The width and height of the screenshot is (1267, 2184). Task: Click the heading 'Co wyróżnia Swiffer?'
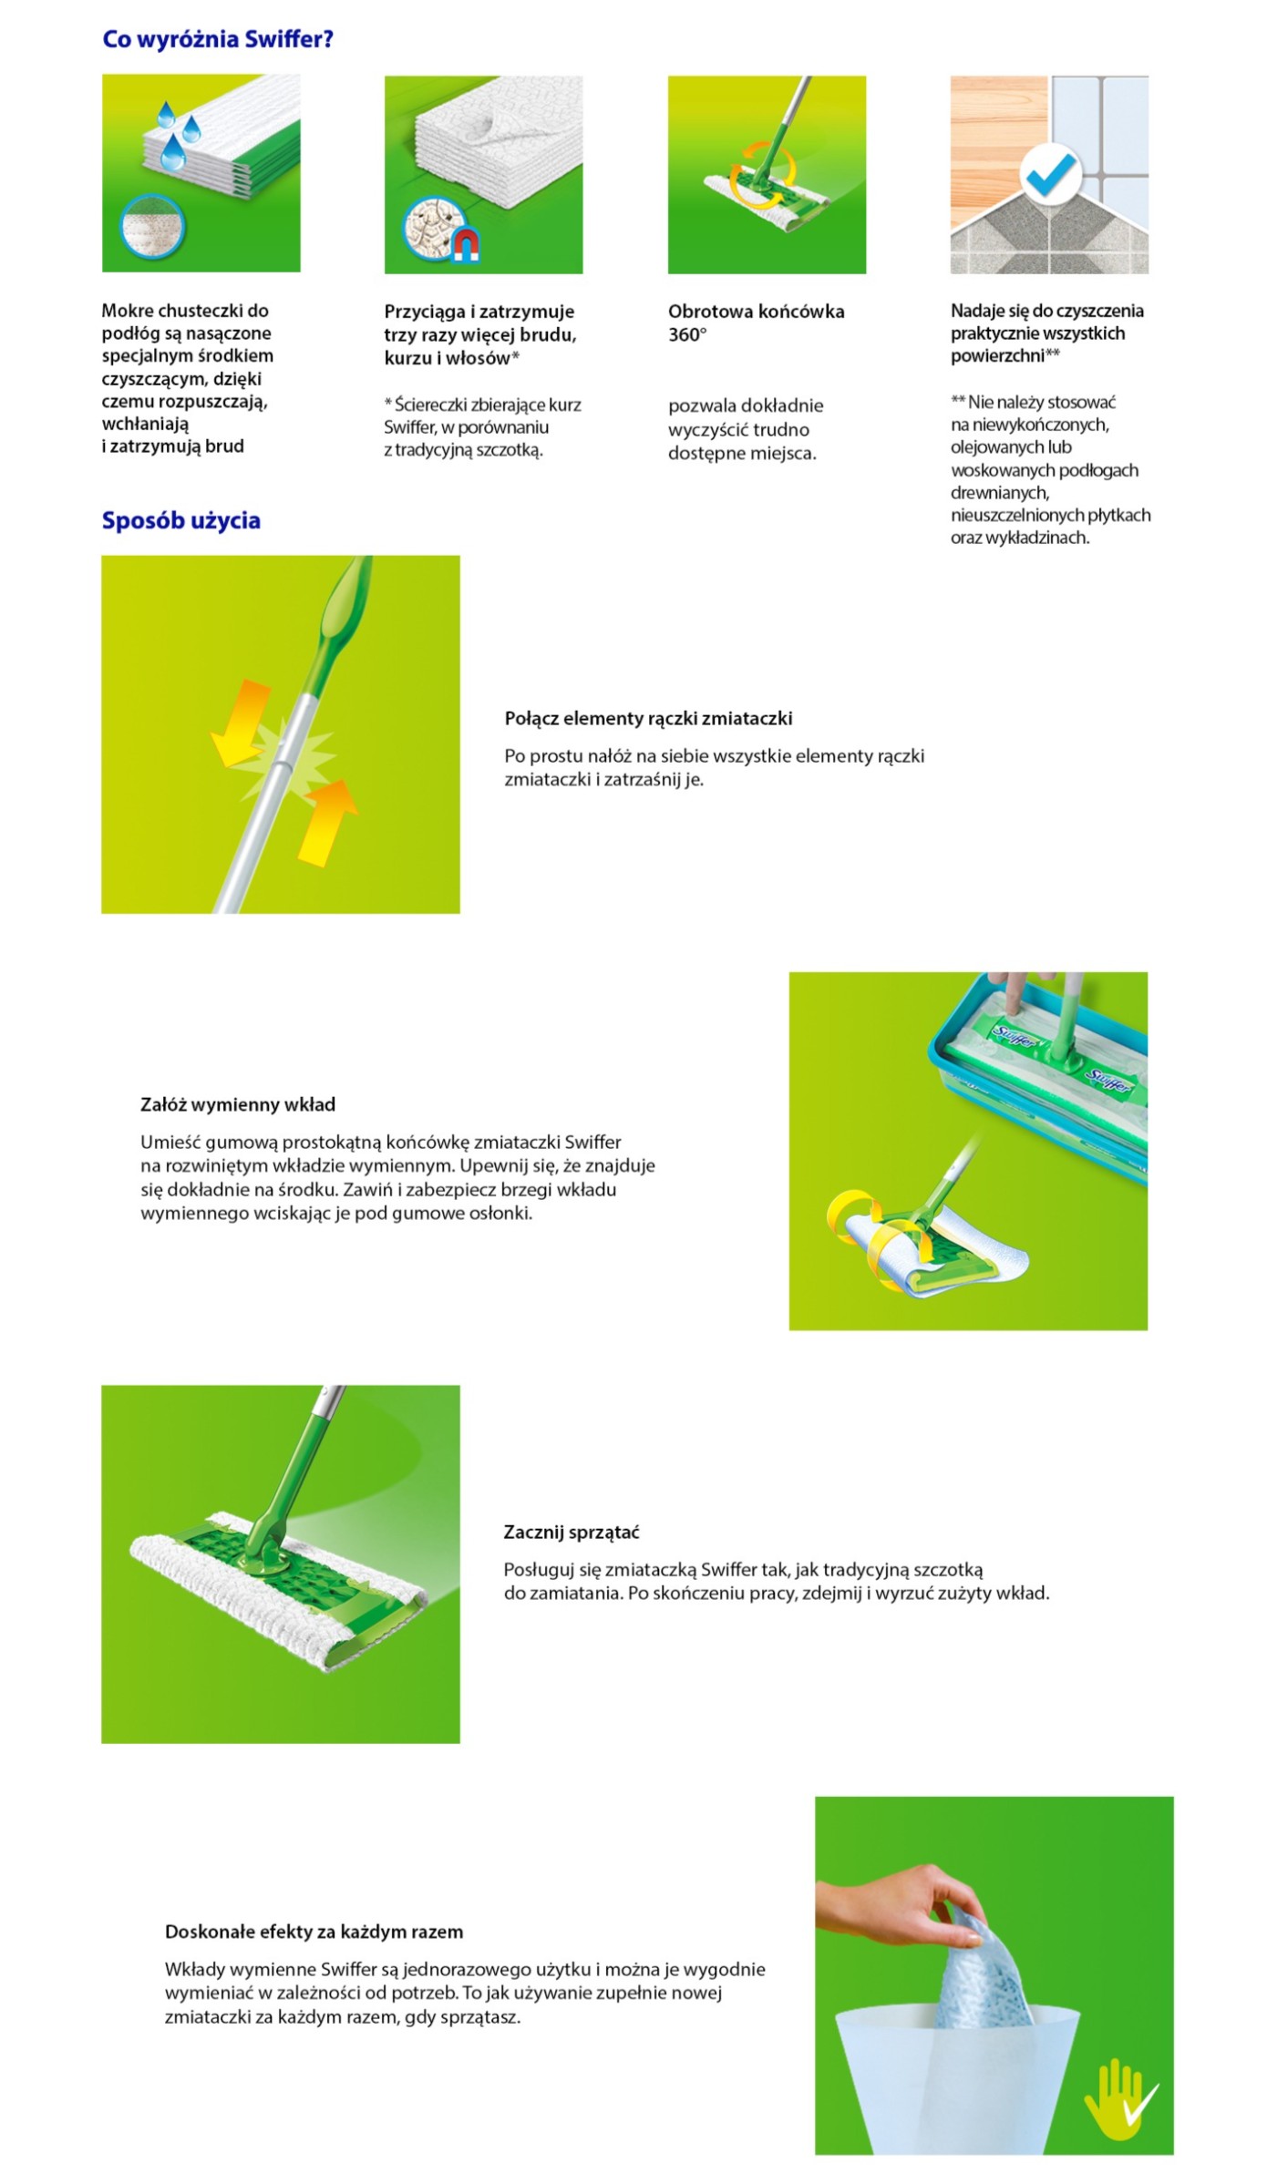coord(218,39)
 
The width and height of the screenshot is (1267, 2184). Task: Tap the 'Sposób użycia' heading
coord(180,520)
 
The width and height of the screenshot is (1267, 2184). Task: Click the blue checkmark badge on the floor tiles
coord(1050,173)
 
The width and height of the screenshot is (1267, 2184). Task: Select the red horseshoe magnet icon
coord(466,245)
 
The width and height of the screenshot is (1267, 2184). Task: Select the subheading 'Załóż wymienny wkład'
coord(238,1104)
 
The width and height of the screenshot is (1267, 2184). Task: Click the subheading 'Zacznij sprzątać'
coord(572,1532)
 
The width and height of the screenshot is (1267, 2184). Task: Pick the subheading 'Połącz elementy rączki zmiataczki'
coord(648,718)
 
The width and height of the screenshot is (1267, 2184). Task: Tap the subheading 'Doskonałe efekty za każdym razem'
coord(314,1931)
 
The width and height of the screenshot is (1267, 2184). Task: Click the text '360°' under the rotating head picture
coord(687,334)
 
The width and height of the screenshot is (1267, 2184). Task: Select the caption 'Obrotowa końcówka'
coord(756,312)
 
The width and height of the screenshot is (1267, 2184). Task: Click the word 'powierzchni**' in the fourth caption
coord(1004,355)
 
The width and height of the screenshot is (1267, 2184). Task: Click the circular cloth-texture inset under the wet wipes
coord(153,227)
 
